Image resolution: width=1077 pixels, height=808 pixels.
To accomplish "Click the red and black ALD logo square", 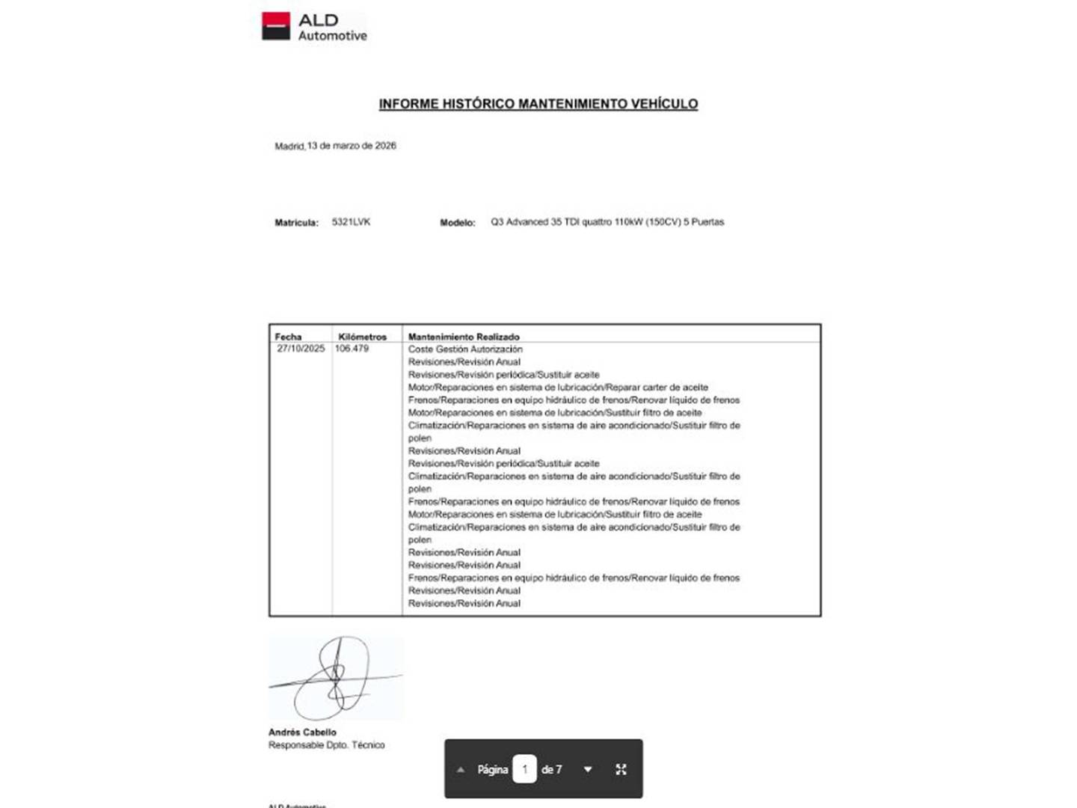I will pos(275,25).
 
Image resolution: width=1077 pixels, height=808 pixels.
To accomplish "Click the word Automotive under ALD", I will pos(333,36).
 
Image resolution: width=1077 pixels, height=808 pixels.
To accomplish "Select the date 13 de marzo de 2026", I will pos(352,146).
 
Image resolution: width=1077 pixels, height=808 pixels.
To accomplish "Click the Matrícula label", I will pos(296,223).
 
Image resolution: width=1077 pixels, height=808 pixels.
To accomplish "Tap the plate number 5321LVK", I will pos(351,222).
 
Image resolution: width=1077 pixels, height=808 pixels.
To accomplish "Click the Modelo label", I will pos(457,223).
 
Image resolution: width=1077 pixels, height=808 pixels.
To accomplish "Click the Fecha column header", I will pos(288,337).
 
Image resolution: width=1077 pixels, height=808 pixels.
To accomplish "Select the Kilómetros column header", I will pos(362,337).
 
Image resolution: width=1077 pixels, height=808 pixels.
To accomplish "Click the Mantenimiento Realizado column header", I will pos(464,337).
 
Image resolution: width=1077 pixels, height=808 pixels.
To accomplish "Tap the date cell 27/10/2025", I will pos(301,349).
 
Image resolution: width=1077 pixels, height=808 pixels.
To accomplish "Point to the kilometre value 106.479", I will pos(352,349).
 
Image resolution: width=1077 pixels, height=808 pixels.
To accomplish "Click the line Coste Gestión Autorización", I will pos(465,349).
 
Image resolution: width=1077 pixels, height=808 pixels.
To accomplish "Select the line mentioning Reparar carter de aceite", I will pos(558,388).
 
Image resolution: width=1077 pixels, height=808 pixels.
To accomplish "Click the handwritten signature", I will pos(336,678).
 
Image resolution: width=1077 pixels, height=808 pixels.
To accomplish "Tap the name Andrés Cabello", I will pos(302,732).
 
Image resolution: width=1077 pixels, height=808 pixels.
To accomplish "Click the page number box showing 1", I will pos(524,769).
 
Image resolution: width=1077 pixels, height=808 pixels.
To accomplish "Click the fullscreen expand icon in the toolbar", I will pos(621,769).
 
